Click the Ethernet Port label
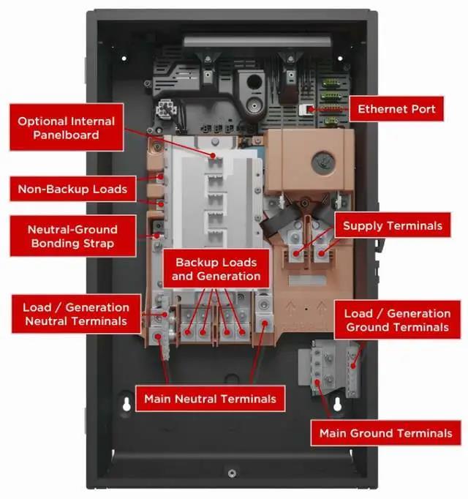tap(396, 110)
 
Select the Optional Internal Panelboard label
tap(67, 127)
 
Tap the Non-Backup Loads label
tap(72, 190)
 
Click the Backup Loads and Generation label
tap(217, 269)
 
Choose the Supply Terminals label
tap(393, 226)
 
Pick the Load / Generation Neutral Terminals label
tap(75, 314)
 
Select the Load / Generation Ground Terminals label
tap(398, 320)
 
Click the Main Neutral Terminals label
tap(210, 399)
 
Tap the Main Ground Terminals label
tap(385, 433)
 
